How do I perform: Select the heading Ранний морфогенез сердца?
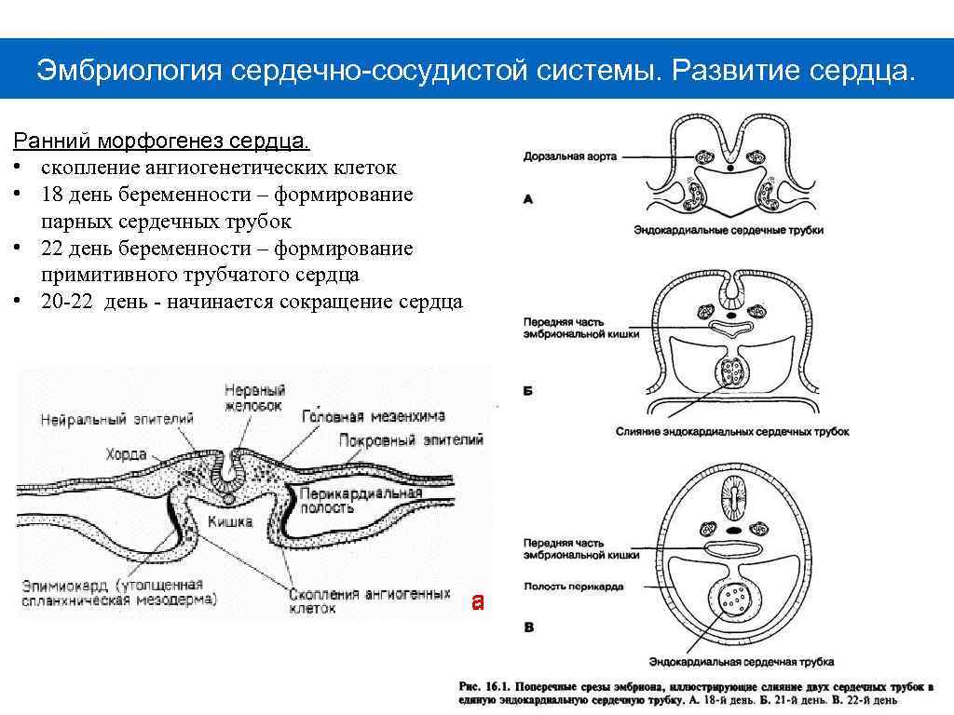[x=160, y=142]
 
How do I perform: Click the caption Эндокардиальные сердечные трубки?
[x=728, y=229]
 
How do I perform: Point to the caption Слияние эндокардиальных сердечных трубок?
[x=732, y=432]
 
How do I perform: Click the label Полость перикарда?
[x=573, y=587]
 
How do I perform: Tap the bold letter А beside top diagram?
[x=528, y=198]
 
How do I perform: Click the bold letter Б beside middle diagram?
[x=527, y=391]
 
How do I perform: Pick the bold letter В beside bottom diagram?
[x=528, y=627]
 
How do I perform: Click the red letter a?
[x=477, y=601]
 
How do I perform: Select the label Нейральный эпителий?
[x=116, y=420]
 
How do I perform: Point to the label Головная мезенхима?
[x=374, y=416]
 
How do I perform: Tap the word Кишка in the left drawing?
[x=230, y=521]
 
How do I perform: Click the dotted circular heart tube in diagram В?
[x=737, y=599]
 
